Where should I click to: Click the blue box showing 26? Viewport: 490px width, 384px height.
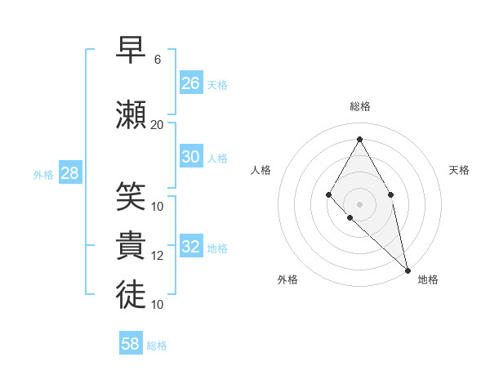click(x=191, y=83)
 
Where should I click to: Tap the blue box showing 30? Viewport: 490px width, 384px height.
click(x=191, y=157)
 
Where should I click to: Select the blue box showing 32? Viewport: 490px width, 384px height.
click(x=191, y=247)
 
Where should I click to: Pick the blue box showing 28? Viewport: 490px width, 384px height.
click(x=69, y=172)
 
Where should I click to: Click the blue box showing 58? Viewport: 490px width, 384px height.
click(x=131, y=344)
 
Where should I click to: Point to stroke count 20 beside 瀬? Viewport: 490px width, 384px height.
click(x=157, y=125)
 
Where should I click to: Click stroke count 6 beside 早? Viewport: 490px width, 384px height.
click(x=157, y=60)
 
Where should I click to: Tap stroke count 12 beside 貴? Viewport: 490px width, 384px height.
click(x=157, y=256)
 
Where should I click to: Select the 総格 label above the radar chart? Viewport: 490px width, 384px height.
click(x=359, y=106)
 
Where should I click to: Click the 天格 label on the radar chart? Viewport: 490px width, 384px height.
click(x=459, y=170)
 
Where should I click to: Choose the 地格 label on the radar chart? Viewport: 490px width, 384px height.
click(x=428, y=279)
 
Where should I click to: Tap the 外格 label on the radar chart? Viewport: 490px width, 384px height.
click(x=287, y=279)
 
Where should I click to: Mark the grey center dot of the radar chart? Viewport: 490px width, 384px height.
click(x=359, y=203)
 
